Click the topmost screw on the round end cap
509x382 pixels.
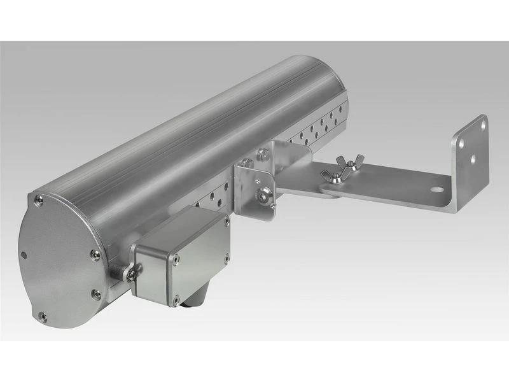pyautogui.click(x=40, y=201)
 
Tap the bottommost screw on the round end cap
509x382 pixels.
pyautogui.click(x=42, y=315)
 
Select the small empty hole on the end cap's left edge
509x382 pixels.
pyautogui.click(x=24, y=255)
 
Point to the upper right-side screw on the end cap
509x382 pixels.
pyautogui.click(x=95, y=254)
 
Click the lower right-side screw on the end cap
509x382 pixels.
pyautogui.click(x=96, y=294)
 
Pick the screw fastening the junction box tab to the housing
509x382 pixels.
pyautogui.click(x=130, y=274)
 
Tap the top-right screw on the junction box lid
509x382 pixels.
pyautogui.click(x=226, y=222)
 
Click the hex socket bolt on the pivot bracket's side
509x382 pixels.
pyautogui.click(x=261, y=195)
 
